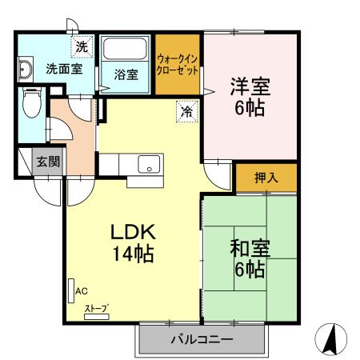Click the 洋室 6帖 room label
(249, 96)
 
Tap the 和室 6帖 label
(248, 258)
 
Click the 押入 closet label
(266, 178)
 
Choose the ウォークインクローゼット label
(178, 64)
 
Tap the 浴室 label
(126, 76)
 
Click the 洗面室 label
(63, 69)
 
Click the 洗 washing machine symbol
(82, 47)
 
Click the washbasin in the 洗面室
(25, 70)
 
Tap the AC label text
(82, 291)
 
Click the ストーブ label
(96, 308)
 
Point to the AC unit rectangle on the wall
(70, 289)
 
